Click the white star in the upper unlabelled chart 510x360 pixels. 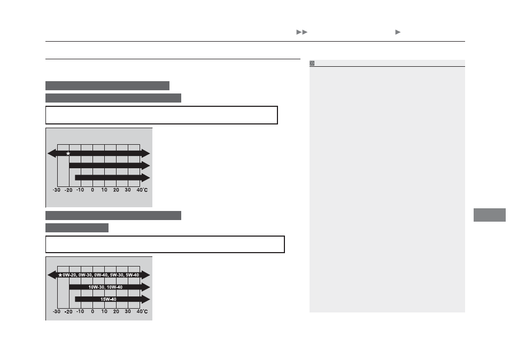coord(68,153)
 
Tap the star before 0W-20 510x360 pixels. coord(60,275)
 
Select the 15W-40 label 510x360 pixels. coord(109,299)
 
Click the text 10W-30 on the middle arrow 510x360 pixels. coord(97,287)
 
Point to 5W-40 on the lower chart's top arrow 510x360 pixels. coord(133,275)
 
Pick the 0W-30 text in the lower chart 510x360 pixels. coord(85,275)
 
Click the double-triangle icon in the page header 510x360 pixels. coord(302,32)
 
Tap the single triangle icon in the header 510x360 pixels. coord(398,32)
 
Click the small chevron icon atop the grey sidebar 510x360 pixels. coord(312,63)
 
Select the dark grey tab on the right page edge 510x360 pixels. coord(490,215)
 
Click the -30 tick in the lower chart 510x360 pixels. coord(57,311)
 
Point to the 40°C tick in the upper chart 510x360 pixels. coord(142,190)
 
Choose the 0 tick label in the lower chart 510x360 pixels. coord(92,311)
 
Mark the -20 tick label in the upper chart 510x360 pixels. coord(68,190)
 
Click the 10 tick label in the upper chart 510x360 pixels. coord(104,190)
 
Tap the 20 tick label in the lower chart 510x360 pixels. coord(116,311)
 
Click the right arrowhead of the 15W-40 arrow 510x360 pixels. coord(146,299)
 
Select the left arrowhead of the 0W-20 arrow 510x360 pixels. coord(52,275)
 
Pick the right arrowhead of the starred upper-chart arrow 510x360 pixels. coord(146,153)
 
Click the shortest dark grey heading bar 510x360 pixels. coord(77,228)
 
